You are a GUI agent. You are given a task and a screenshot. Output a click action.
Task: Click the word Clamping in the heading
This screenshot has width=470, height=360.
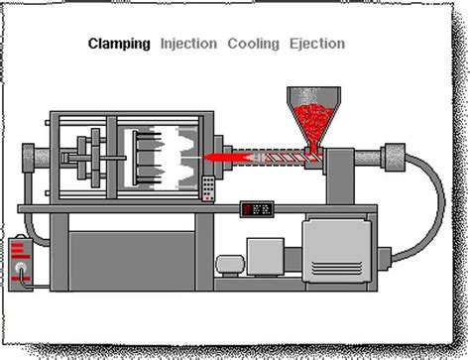pos(119,44)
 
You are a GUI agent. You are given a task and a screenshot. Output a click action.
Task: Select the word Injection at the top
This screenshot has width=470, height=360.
pos(188,44)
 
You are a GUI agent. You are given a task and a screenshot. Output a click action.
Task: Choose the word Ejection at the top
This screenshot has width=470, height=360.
pos(317,44)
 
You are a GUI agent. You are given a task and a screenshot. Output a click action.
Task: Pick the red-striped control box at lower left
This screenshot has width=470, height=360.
pos(23,257)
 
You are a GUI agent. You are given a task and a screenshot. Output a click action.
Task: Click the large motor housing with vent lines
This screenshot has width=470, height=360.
pos(337,247)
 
